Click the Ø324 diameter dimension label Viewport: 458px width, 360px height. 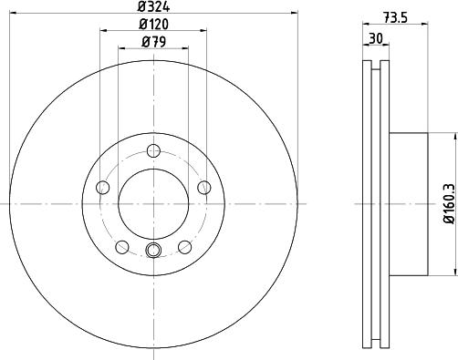pos(153,6)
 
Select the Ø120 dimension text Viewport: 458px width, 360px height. pos(153,25)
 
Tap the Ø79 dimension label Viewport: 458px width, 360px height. pos(153,42)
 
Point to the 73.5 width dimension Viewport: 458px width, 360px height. pos(395,18)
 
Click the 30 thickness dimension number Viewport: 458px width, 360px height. pos(376,38)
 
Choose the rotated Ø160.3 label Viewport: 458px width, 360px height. pos(451,203)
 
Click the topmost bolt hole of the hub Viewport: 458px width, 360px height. pos(153,150)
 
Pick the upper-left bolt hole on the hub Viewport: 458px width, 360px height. pos(102,187)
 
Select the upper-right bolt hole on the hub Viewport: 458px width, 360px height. pos(204,187)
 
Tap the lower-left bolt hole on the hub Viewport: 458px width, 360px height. pos(122,247)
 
